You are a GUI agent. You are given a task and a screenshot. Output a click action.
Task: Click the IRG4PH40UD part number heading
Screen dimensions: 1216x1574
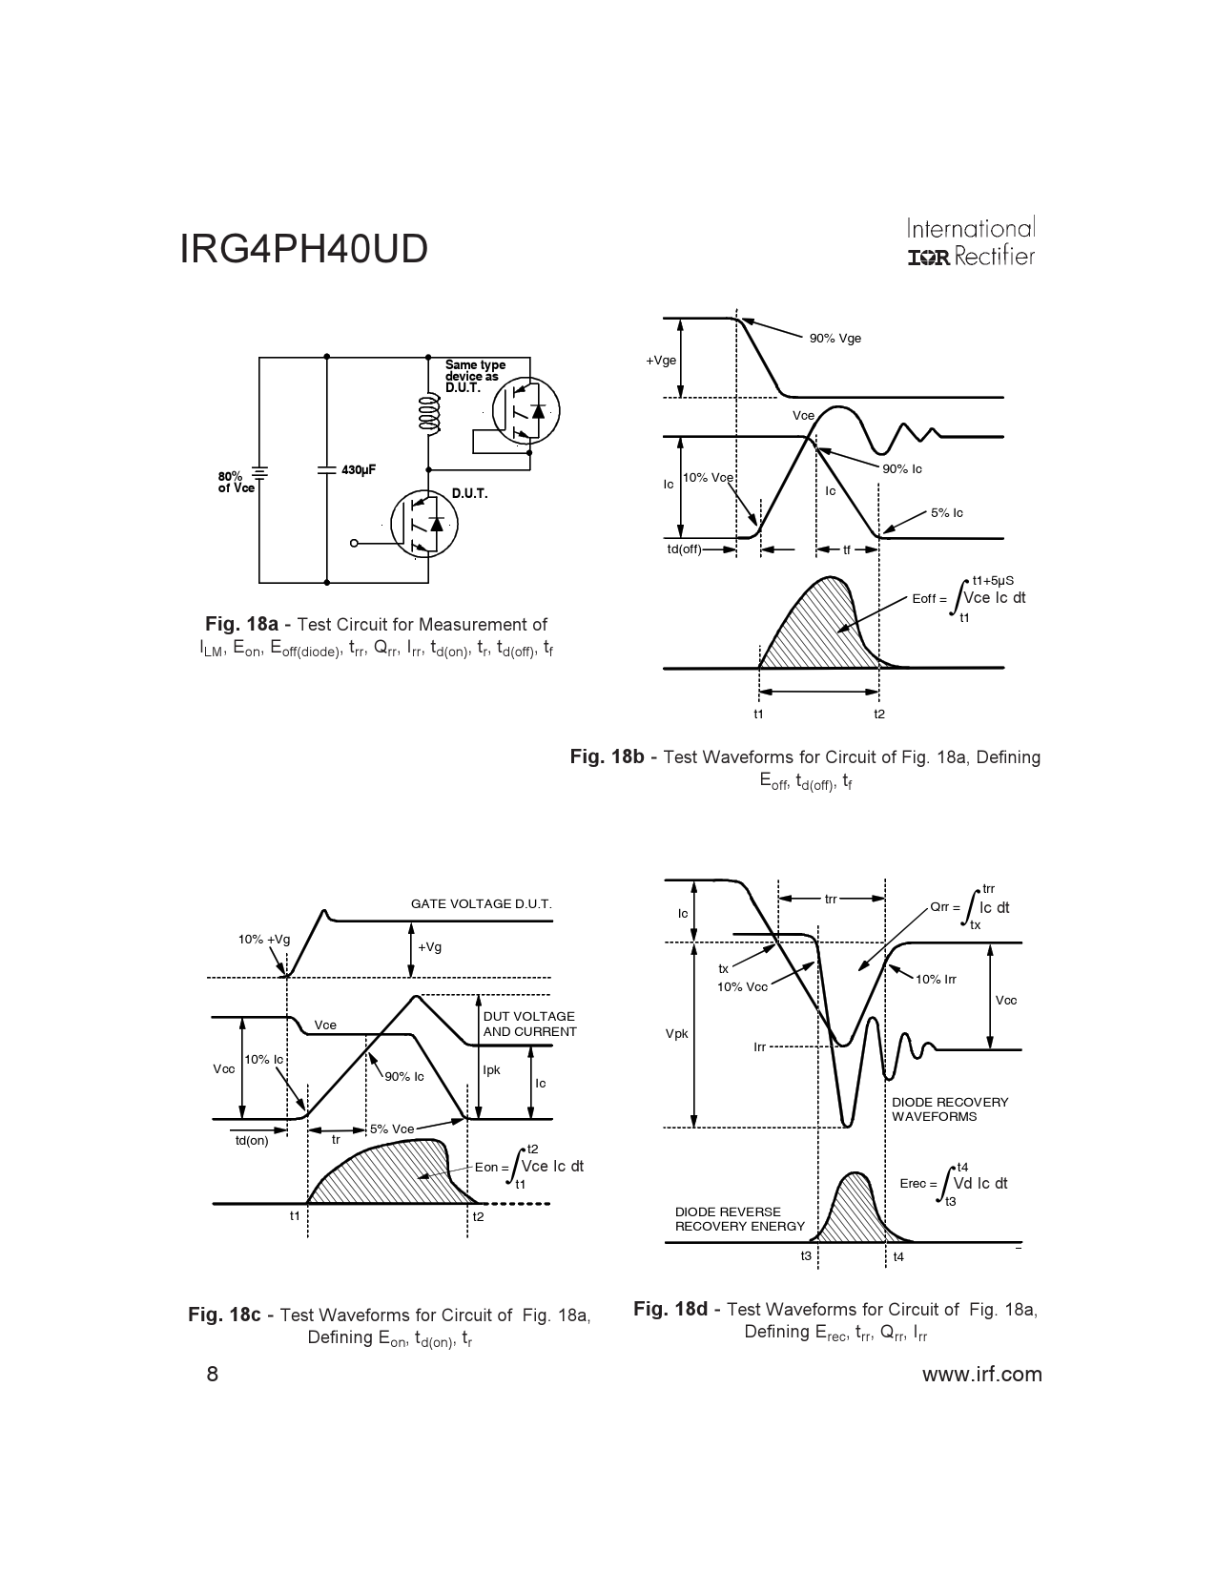pos(303,249)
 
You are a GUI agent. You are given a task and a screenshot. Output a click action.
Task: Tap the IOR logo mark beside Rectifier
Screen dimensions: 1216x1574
pos(929,258)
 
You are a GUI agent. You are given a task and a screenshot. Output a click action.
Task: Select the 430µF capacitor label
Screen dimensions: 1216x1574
pos(359,470)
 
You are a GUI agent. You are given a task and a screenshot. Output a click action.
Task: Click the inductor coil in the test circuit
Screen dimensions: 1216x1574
pos(430,414)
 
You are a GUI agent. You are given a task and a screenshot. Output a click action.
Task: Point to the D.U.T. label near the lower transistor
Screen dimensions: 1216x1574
pos(470,494)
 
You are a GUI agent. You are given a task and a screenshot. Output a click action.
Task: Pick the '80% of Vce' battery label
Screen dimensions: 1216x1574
pos(237,483)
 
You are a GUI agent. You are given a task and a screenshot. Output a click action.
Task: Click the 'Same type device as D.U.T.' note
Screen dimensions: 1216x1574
pos(475,376)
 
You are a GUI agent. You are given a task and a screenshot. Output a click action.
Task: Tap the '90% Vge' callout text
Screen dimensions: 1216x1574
pos(835,339)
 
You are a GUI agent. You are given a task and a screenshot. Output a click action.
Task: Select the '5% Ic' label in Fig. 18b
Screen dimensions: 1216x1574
pos(947,513)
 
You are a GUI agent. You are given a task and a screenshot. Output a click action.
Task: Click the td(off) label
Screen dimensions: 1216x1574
pos(684,549)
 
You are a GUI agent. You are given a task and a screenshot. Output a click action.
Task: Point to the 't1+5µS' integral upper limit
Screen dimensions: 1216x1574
pos(993,581)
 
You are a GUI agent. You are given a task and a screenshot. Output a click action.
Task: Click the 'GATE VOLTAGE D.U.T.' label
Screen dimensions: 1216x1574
pos(481,904)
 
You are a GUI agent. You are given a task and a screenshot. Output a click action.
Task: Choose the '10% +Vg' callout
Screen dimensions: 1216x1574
pos(264,940)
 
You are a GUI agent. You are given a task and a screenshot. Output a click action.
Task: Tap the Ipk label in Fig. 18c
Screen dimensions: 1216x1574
pos(492,1070)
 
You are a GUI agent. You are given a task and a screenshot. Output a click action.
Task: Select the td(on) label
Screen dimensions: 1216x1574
pos(252,1141)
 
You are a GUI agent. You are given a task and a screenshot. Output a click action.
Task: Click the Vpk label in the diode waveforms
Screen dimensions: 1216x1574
pos(676,1034)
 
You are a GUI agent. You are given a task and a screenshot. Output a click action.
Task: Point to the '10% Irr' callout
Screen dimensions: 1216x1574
pos(936,980)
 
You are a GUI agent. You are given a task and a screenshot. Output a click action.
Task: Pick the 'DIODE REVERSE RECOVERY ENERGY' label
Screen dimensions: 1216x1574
pos(739,1219)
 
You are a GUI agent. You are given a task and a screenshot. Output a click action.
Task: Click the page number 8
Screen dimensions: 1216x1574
pos(212,1374)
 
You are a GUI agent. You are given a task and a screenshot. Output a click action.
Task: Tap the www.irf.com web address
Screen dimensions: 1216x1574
pos(982,1374)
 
